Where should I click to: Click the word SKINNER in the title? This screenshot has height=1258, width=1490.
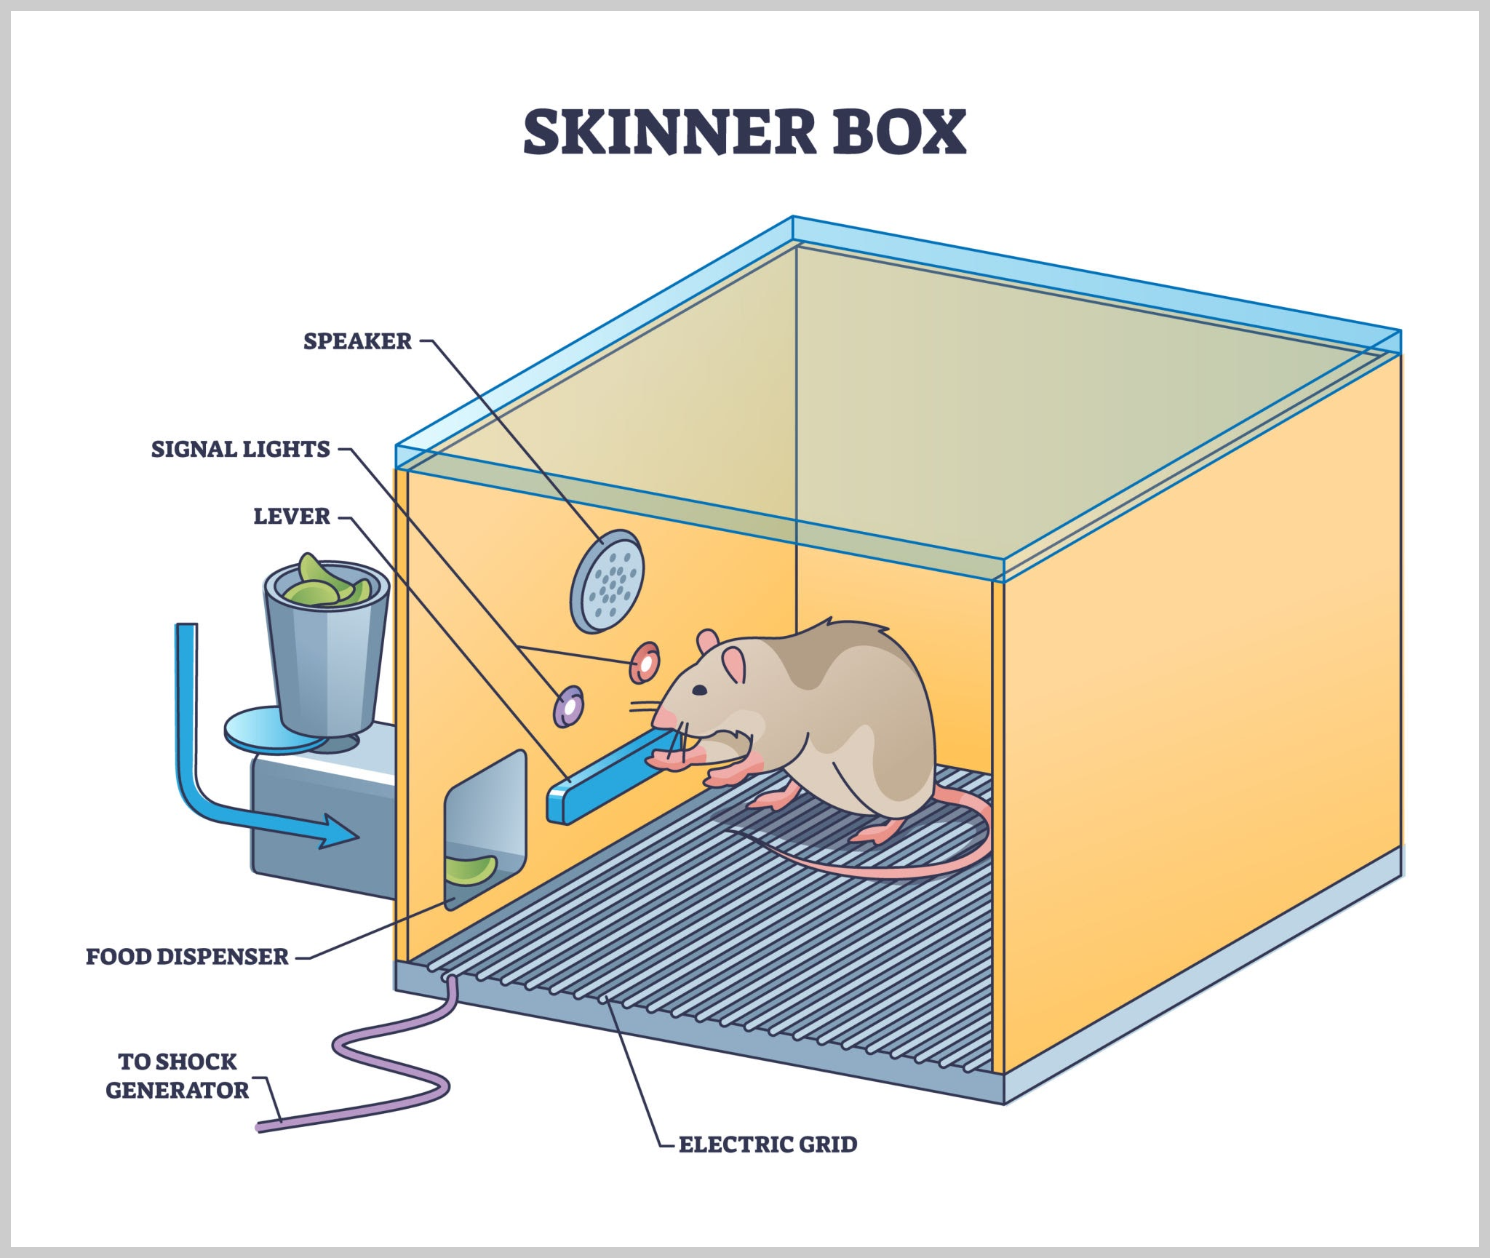(x=669, y=132)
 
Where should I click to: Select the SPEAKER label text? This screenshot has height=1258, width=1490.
(x=357, y=341)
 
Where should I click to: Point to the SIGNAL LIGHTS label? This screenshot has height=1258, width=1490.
(x=240, y=449)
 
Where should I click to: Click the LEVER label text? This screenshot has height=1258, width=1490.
(x=291, y=517)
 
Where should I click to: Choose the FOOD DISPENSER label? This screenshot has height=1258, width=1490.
(x=187, y=956)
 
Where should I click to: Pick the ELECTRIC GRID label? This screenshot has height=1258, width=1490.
(x=768, y=1144)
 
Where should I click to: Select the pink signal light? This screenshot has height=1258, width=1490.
(x=644, y=662)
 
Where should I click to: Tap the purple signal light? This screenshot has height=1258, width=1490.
(x=568, y=705)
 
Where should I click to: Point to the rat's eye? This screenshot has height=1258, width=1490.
(x=698, y=690)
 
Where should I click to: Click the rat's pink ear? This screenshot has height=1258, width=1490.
(x=733, y=664)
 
